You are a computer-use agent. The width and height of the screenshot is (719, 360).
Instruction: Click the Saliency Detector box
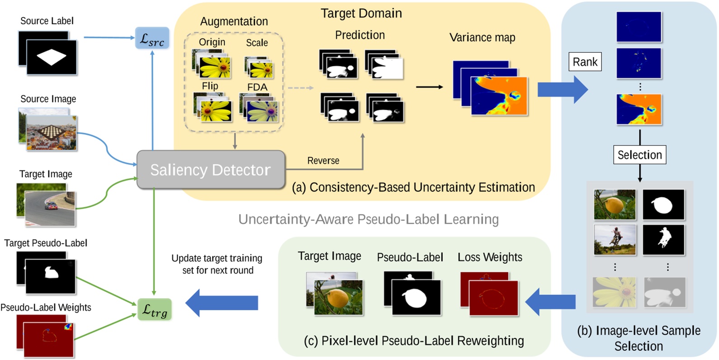point(211,170)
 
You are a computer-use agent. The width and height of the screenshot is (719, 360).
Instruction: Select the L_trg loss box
point(155,310)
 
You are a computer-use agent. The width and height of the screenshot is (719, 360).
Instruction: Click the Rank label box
point(585,62)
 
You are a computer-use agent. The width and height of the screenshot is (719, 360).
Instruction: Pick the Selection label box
point(639,155)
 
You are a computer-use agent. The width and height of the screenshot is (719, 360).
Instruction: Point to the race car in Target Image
point(51,206)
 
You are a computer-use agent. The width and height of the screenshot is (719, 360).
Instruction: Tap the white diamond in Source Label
point(52,57)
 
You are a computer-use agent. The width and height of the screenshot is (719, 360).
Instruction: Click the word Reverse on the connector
point(323,161)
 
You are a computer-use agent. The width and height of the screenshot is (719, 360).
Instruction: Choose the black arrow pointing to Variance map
point(429,87)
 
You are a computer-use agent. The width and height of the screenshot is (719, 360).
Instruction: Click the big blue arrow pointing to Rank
point(562,89)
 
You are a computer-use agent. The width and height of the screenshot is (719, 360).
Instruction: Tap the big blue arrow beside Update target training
point(221,303)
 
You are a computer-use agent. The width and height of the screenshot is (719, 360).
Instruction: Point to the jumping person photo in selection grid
point(615,239)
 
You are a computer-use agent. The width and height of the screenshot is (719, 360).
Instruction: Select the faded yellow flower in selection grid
point(615,292)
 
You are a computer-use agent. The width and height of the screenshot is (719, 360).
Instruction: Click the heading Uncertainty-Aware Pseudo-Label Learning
point(368,220)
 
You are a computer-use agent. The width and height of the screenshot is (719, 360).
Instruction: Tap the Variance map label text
point(482,38)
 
